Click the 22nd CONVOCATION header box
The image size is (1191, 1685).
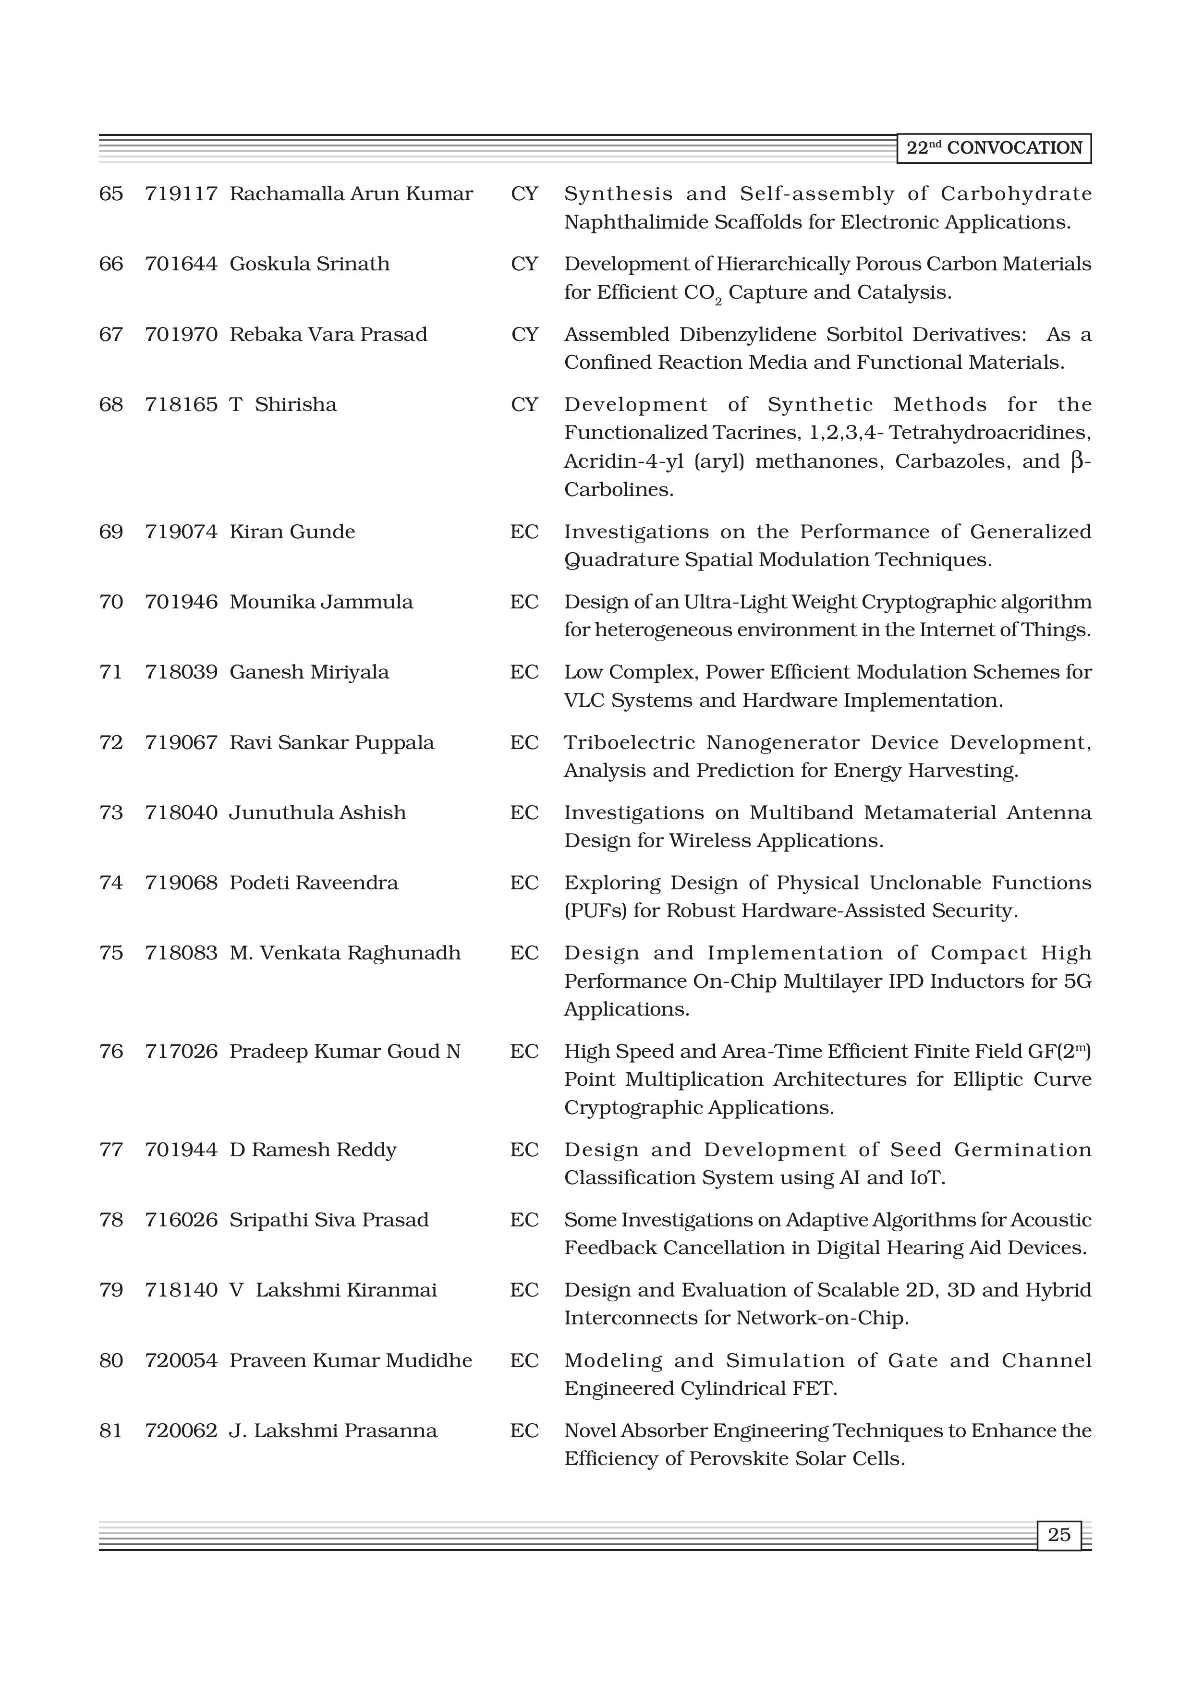coord(994,148)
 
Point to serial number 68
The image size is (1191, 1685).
coord(111,405)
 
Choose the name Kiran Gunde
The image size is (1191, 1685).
coord(292,532)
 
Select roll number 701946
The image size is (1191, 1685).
coord(181,603)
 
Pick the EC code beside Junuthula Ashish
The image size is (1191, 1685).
coord(524,813)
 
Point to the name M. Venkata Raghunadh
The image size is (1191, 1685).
coord(345,953)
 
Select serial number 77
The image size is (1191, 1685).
coord(111,1150)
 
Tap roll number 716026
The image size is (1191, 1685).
coord(181,1221)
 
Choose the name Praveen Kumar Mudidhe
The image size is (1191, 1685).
coord(350,1360)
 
